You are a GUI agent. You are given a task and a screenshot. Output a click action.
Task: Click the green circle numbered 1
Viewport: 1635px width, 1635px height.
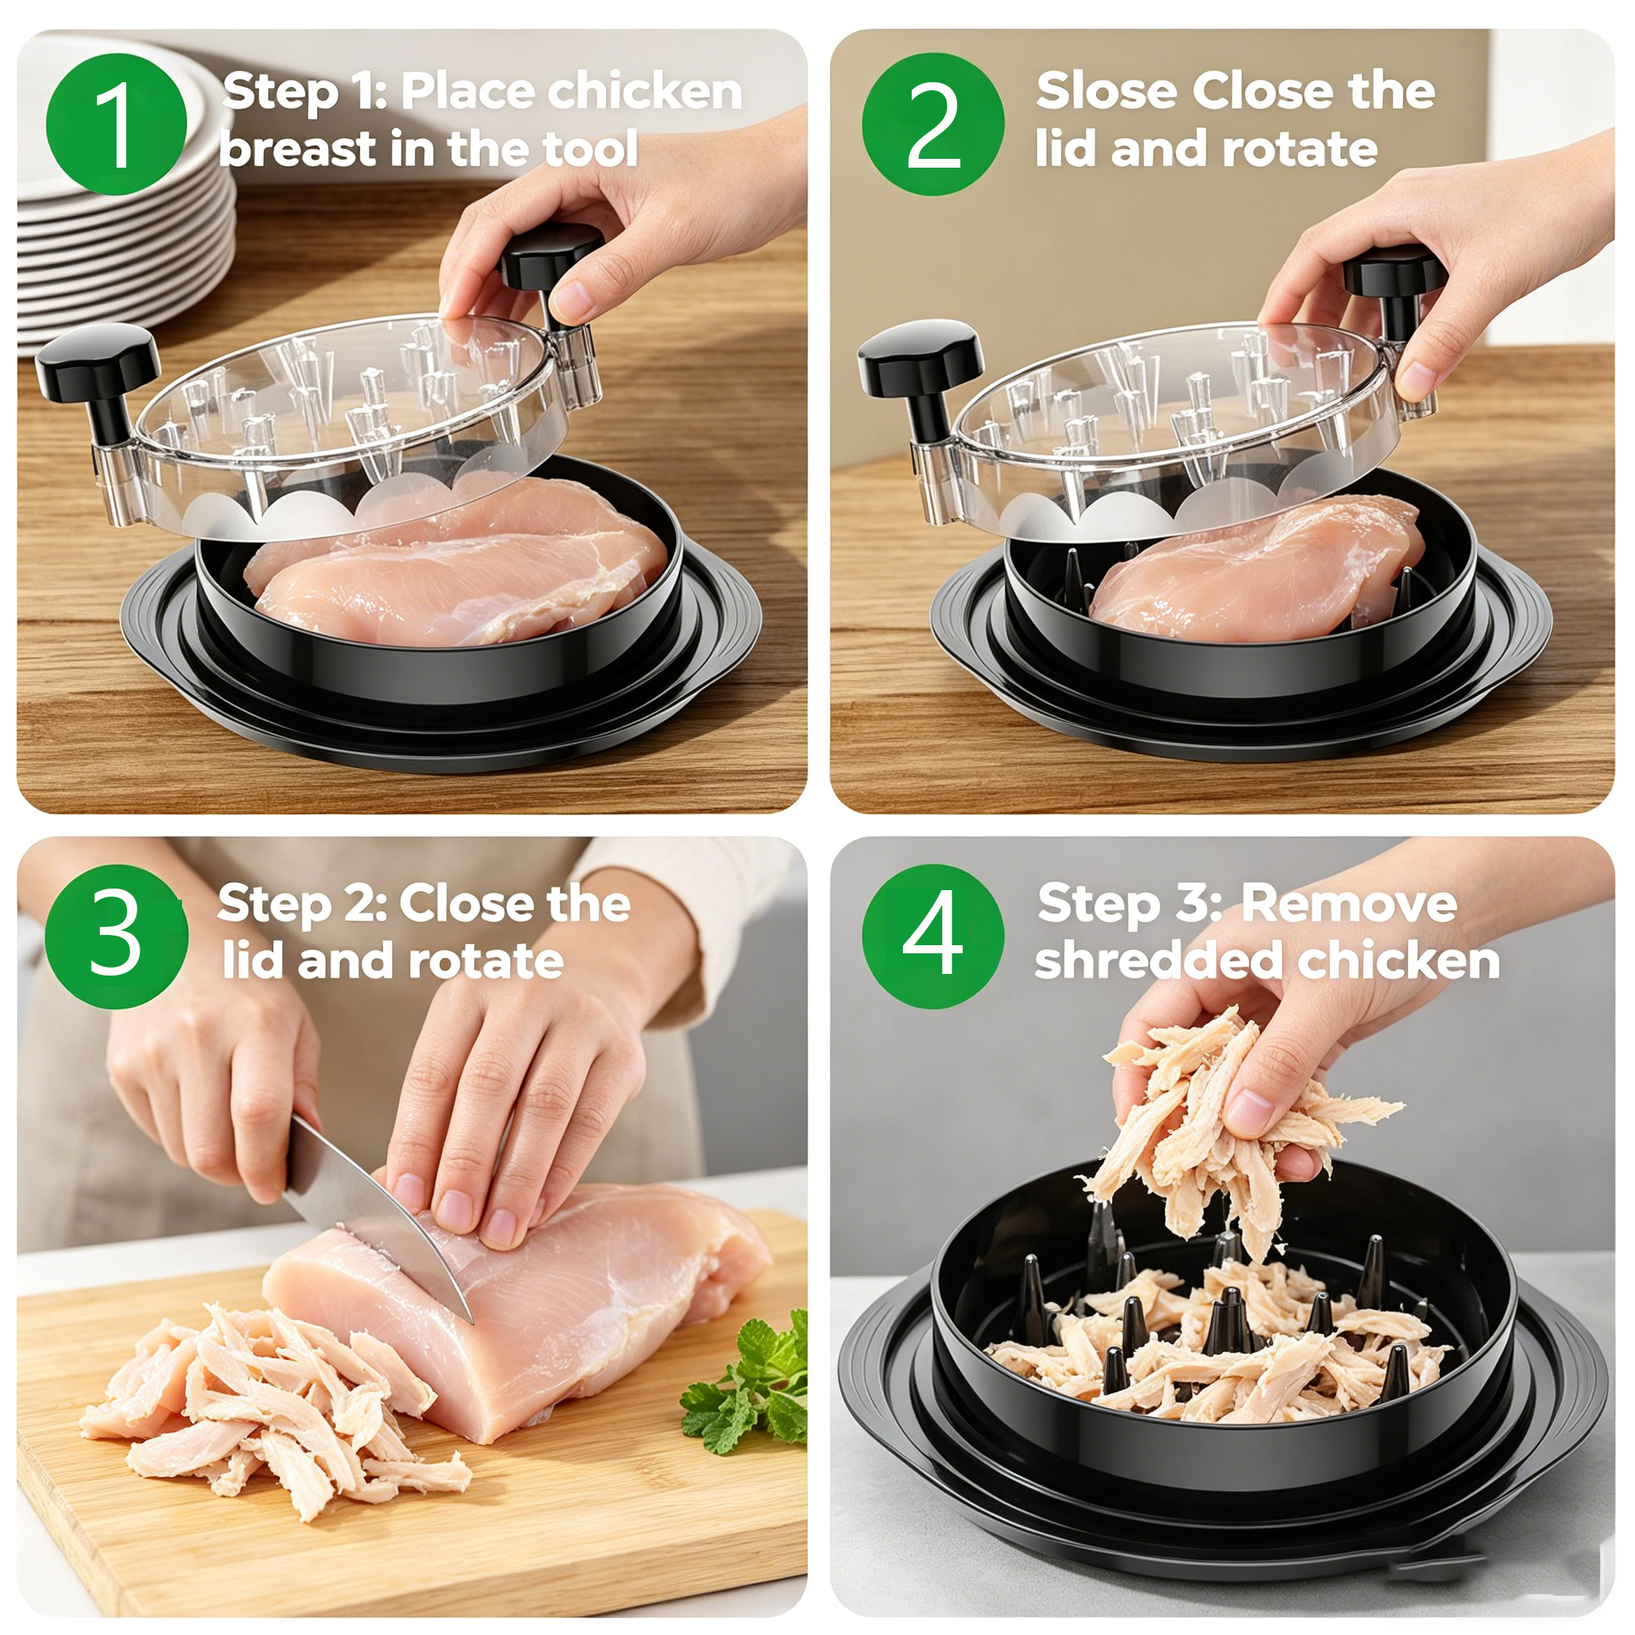pos(116,125)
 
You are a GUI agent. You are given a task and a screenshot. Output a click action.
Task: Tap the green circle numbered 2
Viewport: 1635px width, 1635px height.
pos(932,125)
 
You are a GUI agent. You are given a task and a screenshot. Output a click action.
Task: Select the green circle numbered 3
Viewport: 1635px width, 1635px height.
pos(116,936)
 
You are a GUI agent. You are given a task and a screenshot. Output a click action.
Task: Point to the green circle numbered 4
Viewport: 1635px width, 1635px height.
pos(932,936)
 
